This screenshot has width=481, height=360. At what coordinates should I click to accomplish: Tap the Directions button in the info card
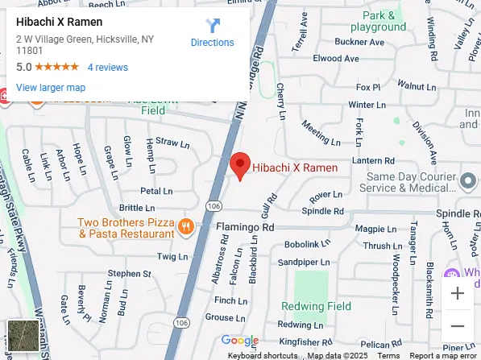pos(213,33)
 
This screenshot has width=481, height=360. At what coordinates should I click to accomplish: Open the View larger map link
pos(51,87)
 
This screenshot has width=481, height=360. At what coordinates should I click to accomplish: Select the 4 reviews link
pos(108,68)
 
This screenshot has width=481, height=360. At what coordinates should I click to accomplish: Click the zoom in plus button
pos(458,294)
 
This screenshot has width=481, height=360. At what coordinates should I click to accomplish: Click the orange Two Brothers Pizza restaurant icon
pos(185,226)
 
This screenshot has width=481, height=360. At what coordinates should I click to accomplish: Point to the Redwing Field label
pos(316,306)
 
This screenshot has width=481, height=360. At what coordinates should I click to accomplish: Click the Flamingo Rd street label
pos(246,227)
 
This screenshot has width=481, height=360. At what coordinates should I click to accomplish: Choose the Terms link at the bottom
pos(388,355)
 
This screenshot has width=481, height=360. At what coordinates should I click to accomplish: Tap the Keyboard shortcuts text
pos(263,355)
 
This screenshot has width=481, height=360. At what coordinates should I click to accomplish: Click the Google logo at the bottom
pos(240,341)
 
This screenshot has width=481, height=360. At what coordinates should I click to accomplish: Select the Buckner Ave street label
pos(337,41)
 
